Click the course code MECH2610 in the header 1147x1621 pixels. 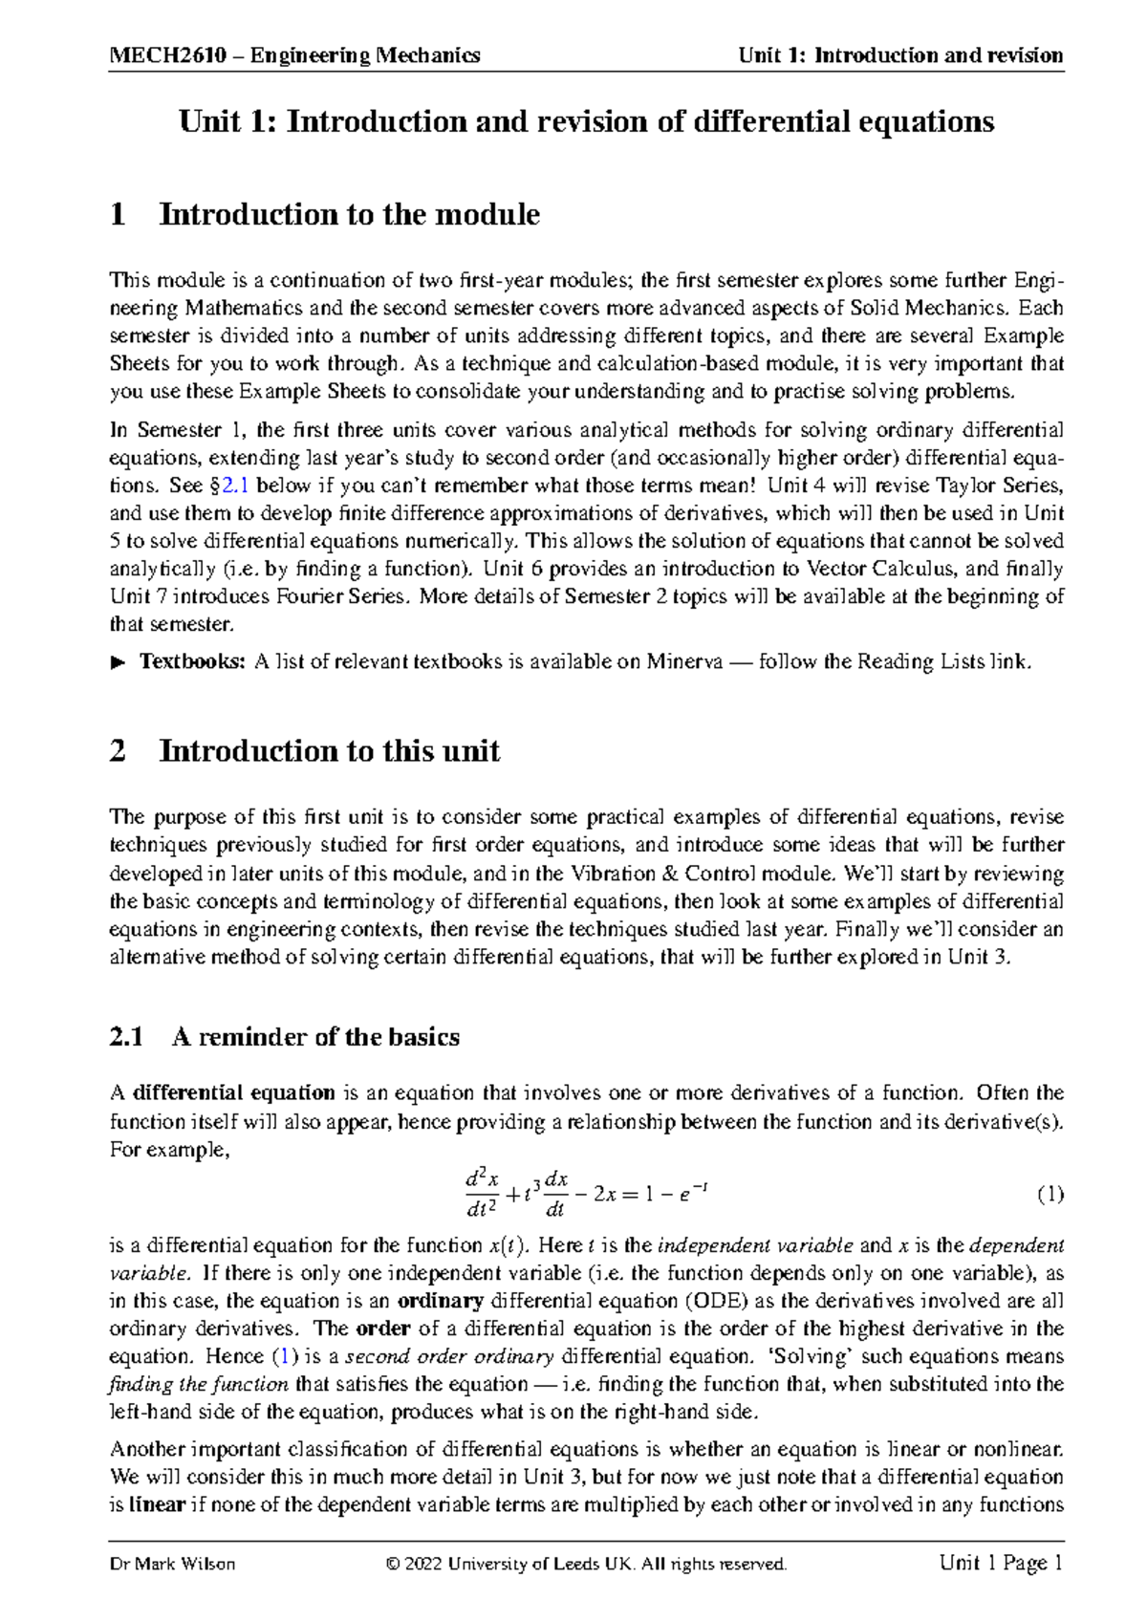(x=168, y=55)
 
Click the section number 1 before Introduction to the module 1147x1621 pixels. (x=119, y=214)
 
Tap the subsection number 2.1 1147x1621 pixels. (x=126, y=1037)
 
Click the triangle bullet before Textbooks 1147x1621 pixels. (x=119, y=661)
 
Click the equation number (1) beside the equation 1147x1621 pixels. (x=1050, y=1194)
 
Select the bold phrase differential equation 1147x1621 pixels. (x=233, y=1092)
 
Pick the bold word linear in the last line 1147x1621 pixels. (x=157, y=1504)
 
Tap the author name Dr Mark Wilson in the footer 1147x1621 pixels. (x=173, y=1565)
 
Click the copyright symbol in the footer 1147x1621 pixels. (x=392, y=1565)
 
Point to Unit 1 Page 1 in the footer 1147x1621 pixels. (x=1001, y=1564)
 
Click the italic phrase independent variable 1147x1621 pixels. (x=756, y=1245)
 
